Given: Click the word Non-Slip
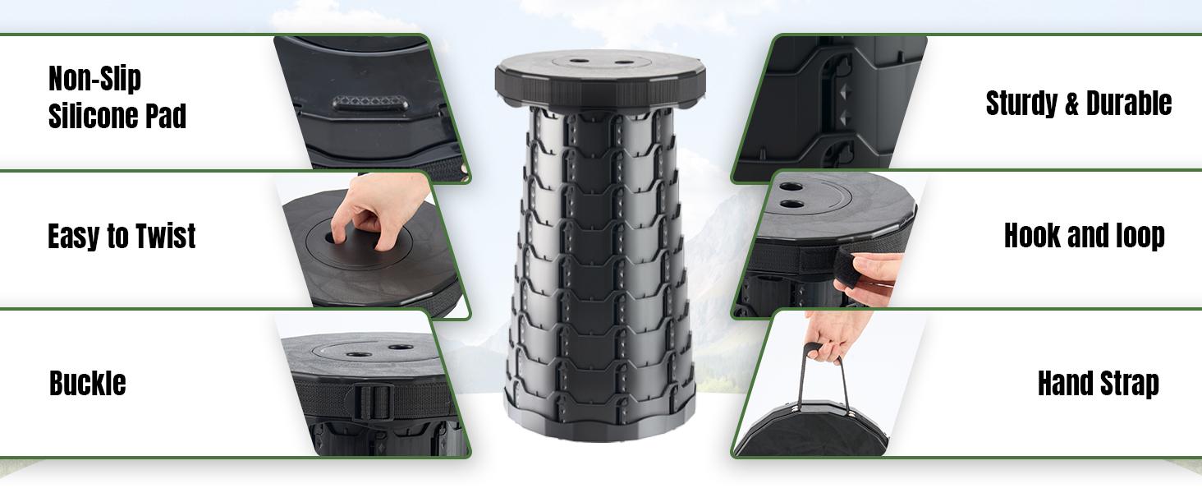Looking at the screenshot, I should (94, 80).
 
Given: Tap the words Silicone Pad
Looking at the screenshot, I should (117, 117).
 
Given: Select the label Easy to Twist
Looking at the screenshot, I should (122, 237).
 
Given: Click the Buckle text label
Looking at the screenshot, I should (87, 384).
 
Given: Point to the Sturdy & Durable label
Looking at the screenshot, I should (1078, 104).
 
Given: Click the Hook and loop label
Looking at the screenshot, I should (1084, 237).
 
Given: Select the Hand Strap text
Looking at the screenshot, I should (1098, 384).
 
